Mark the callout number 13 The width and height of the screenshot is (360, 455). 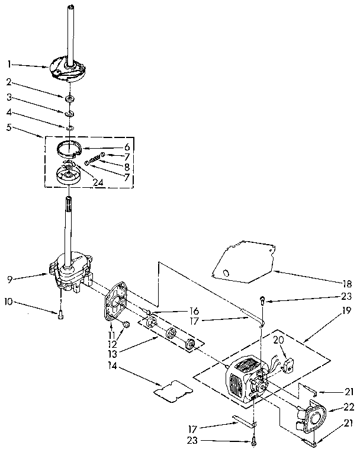coord(112,353)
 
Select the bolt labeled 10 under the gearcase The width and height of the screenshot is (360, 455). coord(60,315)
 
